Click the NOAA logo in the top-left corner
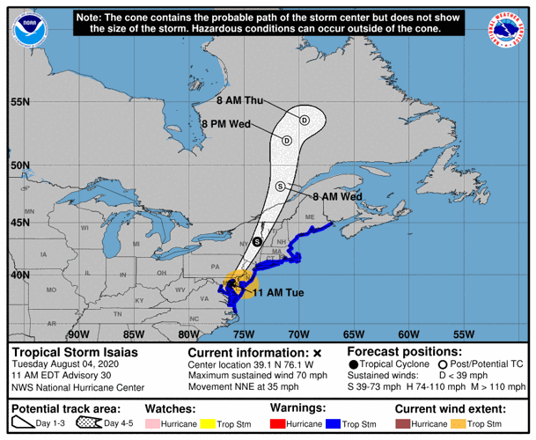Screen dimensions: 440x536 click(30, 30)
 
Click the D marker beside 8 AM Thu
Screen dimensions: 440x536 click(305, 120)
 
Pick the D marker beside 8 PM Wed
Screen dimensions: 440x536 click(287, 140)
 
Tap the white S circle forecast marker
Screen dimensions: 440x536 click(280, 186)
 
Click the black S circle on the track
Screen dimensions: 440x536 click(257, 240)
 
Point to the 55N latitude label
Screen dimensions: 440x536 click(19, 102)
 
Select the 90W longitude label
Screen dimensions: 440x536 click(78, 334)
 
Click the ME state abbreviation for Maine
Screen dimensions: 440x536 click(309, 217)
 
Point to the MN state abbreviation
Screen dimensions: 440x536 click(29, 212)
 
